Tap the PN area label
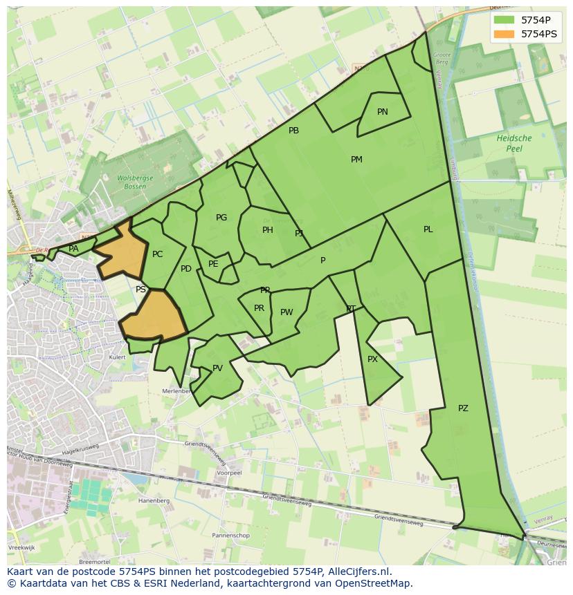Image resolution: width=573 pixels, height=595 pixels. tap(383, 112)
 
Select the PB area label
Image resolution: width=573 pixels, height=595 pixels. tap(293, 131)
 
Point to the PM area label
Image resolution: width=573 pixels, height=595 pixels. tap(356, 160)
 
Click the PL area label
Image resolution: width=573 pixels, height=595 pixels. tap(428, 229)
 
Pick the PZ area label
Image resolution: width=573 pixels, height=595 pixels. tap(463, 408)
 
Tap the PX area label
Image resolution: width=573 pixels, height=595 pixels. tap(372, 359)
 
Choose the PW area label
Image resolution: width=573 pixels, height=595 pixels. tap(286, 312)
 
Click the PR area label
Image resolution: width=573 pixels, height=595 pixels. tap(259, 308)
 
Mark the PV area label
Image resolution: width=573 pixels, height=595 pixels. tap(217, 368)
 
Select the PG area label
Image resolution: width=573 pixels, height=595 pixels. tap(221, 218)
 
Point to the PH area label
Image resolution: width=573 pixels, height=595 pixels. tap(268, 230)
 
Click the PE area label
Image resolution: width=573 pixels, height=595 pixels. tap(213, 264)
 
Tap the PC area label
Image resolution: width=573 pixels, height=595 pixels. tap(158, 254)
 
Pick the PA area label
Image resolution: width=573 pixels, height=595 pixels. tap(73, 249)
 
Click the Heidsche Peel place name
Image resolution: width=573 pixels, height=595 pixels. tap(514, 143)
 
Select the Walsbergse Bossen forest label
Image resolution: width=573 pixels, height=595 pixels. tap(131, 182)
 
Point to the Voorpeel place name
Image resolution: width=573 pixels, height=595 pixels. tap(229, 473)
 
